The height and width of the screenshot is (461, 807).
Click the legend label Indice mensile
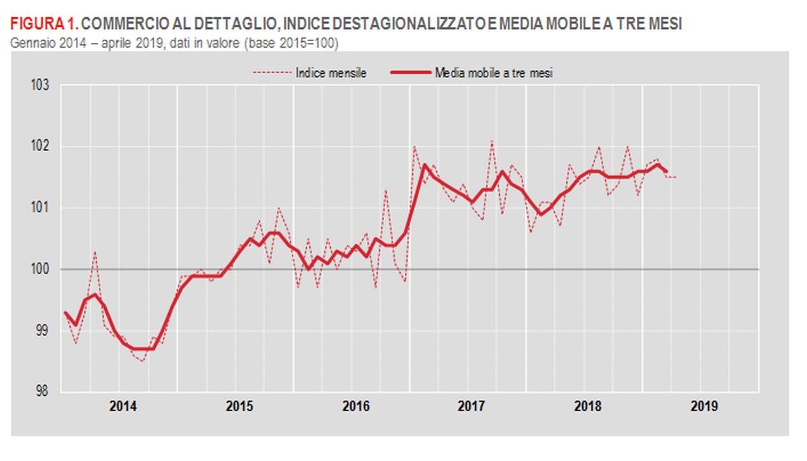(331, 73)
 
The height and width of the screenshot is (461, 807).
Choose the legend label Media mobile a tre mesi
(494, 73)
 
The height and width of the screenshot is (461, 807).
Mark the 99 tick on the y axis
(43, 330)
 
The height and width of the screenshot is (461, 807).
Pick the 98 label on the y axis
(43, 391)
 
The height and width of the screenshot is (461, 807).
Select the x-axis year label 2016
(356, 407)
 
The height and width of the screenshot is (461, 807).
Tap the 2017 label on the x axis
(472, 407)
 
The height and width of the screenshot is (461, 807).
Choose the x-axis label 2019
(704, 407)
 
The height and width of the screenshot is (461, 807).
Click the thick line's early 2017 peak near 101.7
(424, 165)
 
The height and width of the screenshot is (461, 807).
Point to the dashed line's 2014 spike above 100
(95, 252)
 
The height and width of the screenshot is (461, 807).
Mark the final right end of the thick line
(666, 171)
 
